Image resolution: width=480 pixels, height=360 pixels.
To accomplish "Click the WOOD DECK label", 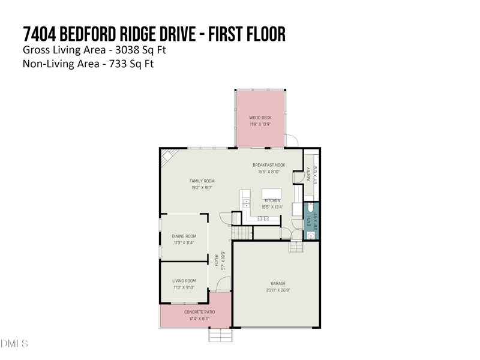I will tap(260, 118).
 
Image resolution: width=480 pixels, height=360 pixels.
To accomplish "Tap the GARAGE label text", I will tap(278, 283).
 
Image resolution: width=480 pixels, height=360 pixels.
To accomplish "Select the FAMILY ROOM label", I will tap(202, 181).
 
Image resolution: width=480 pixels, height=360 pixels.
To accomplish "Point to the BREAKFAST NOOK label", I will tap(269, 165).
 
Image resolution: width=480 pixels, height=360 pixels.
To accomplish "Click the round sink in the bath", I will tap(311, 235).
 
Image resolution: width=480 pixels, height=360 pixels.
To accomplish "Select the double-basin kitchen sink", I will tap(263, 218).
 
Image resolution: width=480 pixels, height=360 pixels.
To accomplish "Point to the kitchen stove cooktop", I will tap(246, 203).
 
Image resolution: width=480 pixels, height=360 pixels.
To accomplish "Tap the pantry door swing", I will tap(298, 177).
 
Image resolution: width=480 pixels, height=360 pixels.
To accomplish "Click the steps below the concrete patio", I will tap(220, 335).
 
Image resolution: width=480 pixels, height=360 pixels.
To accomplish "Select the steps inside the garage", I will tap(296, 246).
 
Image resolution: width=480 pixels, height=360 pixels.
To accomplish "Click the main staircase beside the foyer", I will tap(241, 232).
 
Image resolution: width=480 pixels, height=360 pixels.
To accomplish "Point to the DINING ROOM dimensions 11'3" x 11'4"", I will tap(184, 243).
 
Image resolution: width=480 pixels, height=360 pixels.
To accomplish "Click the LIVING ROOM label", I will tap(184, 281).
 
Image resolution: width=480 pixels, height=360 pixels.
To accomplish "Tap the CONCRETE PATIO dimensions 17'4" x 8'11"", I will tap(199, 319).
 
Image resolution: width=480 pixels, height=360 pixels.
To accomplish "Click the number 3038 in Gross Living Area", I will tap(124, 49).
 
